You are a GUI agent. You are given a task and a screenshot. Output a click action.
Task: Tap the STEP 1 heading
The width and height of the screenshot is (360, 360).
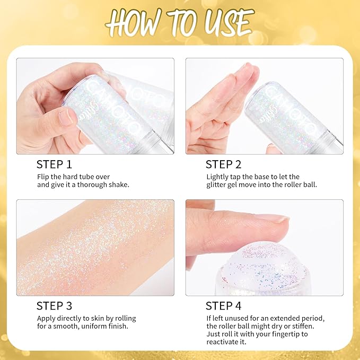[x=54, y=164]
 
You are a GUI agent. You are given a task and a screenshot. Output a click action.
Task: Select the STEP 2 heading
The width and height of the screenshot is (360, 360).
[x=223, y=164]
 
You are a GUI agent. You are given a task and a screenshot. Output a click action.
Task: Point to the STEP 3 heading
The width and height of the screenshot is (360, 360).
[x=54, y=305]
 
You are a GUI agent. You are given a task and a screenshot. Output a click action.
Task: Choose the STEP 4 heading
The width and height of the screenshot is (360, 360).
[x=223, y=305]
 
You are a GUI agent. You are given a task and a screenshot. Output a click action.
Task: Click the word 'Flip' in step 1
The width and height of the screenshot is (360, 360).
[x=43, y=177]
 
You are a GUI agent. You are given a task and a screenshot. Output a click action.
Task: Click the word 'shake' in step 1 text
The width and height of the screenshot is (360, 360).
[x=116, y=185]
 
